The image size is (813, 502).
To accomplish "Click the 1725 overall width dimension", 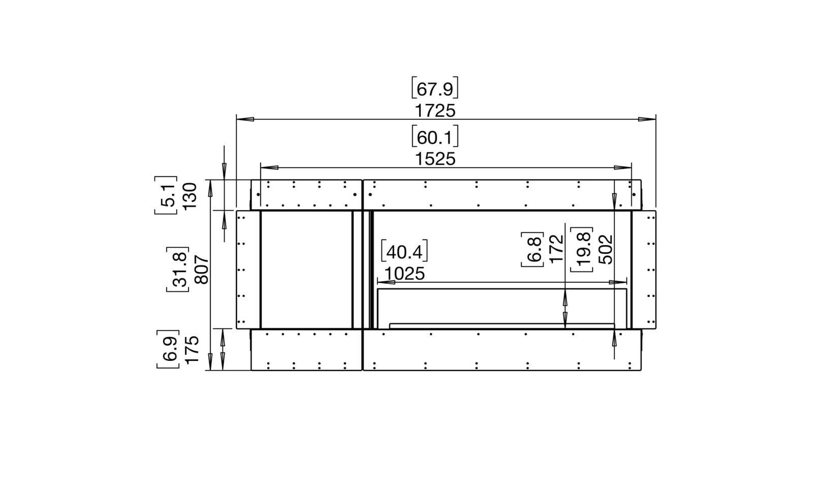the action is (435, 111).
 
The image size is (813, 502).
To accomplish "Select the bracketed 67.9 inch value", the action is (435, 88).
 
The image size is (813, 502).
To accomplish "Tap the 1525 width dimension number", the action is (435, 159).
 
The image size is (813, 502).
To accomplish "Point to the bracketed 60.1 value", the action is (435, 137).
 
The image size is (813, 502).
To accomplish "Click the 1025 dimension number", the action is (405, 274).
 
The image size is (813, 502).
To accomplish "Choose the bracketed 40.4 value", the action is (405, 251).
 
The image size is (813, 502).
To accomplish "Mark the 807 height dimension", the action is (202, 269).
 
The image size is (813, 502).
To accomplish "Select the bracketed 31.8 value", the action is (178, 269).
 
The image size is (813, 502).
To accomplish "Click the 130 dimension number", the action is (190, 196).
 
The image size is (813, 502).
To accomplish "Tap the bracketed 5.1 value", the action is (166, 195).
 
